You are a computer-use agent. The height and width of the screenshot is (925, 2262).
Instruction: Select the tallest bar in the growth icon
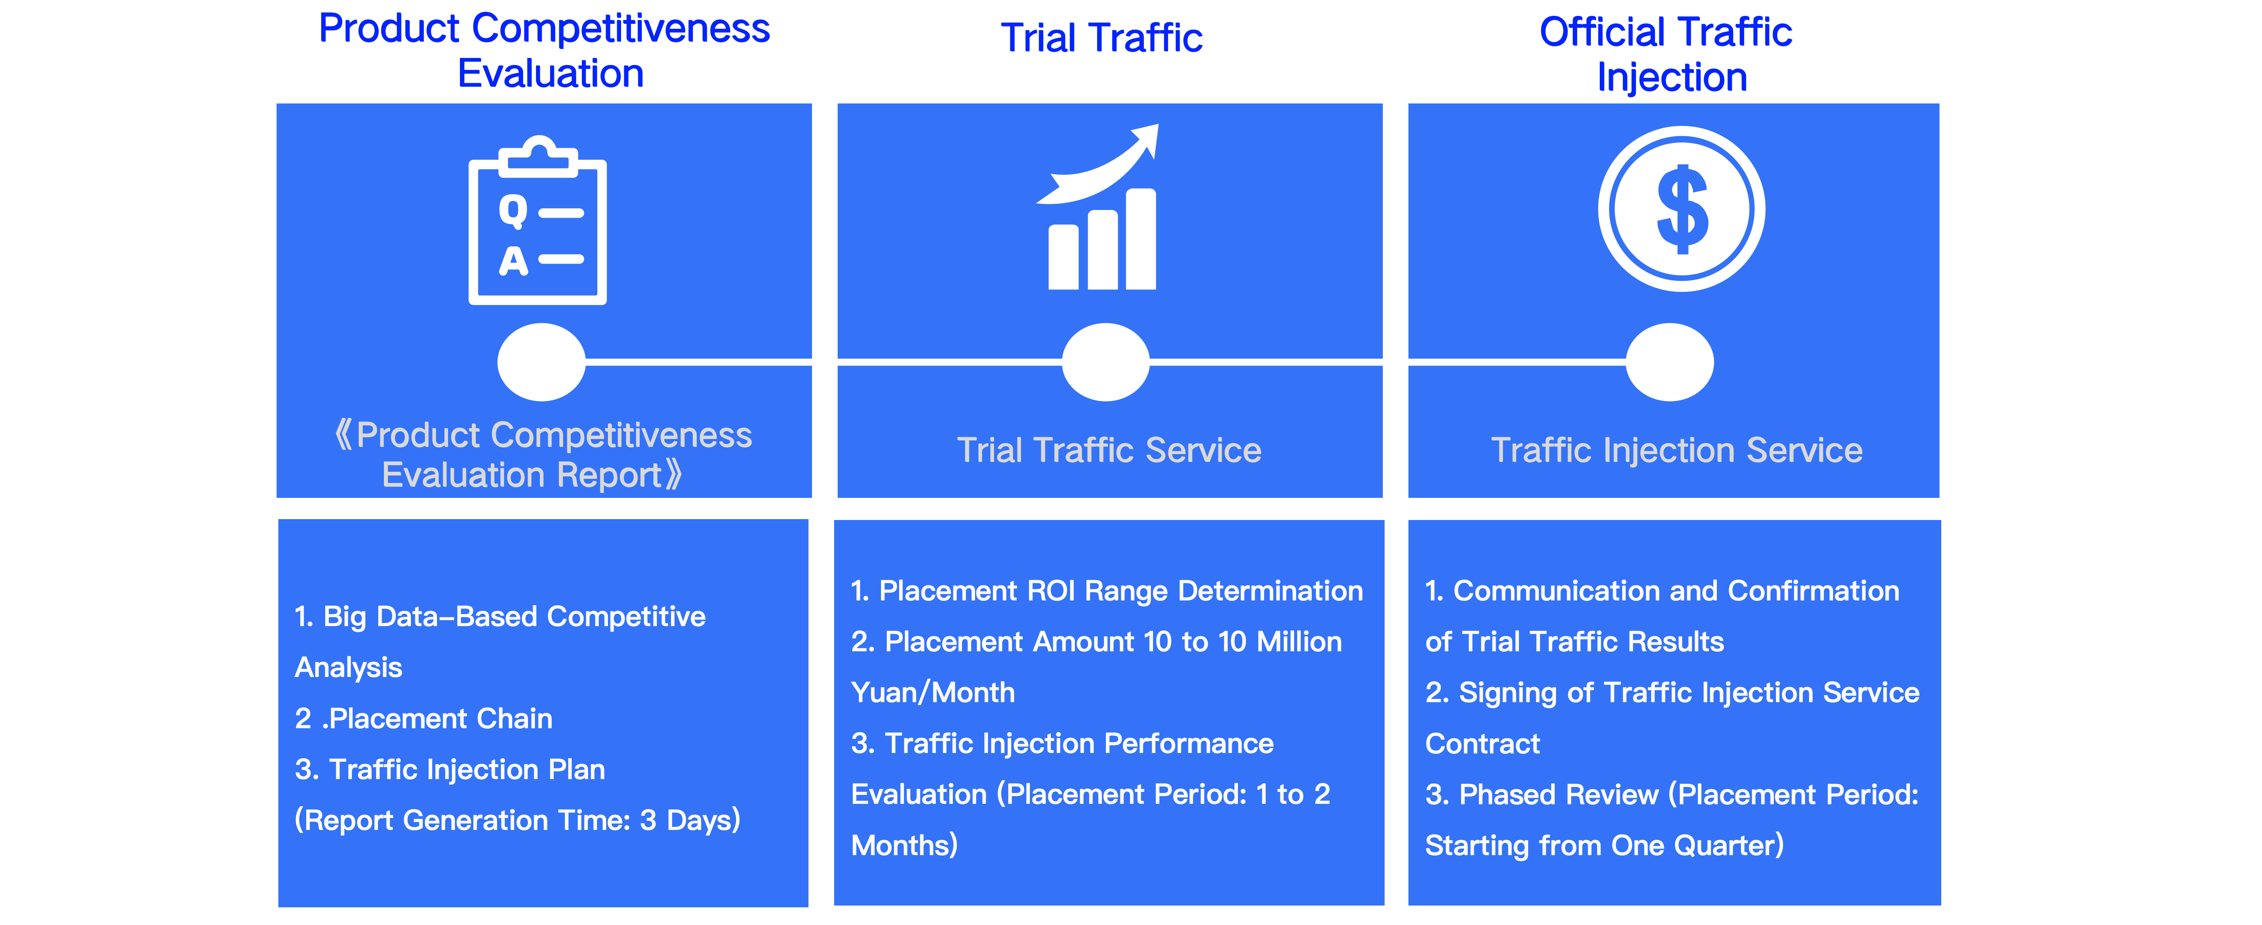click(x=1141, y=239)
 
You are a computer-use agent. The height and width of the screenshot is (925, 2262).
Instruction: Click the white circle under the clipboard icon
click(x=541, y=362)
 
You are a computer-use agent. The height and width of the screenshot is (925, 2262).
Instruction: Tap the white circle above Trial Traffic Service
click(x=1105, y=362)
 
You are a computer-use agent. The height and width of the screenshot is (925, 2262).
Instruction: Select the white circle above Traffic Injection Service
click(x=1669, y=362)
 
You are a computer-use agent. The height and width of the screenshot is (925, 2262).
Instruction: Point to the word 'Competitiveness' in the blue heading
click(x=621, y=28)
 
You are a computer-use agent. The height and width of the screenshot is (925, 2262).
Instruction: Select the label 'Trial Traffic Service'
click(x=1109, y=450)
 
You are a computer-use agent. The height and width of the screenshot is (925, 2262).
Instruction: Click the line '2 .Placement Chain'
click(x=423, y=719)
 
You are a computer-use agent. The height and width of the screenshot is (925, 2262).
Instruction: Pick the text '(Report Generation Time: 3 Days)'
click(x=517, y=821)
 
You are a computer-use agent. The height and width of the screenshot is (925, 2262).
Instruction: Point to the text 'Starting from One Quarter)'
click(x=1604, y=845)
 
